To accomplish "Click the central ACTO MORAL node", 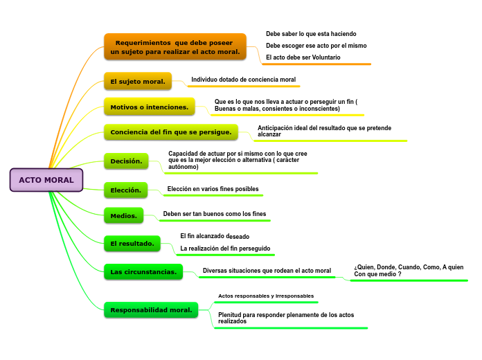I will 46,180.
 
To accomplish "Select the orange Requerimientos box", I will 175,47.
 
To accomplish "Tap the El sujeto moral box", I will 138,82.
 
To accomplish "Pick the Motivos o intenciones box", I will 150,107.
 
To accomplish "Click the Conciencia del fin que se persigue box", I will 171,132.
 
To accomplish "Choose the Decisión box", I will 126,161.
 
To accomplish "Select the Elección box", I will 125,190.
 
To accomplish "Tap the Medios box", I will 124,216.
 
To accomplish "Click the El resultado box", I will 132,244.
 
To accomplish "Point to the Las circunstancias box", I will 143,272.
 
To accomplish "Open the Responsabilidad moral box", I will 151,309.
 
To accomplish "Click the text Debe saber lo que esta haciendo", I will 311,33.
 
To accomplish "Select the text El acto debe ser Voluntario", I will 303,57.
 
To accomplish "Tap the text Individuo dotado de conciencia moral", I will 243,80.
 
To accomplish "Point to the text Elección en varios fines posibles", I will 213,189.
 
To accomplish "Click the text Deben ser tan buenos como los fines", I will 214,214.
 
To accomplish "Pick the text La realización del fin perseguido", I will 225,248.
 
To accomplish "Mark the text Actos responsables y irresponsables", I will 266,296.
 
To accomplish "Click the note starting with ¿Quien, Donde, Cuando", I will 409,271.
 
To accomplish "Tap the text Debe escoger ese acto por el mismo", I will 316,45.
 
